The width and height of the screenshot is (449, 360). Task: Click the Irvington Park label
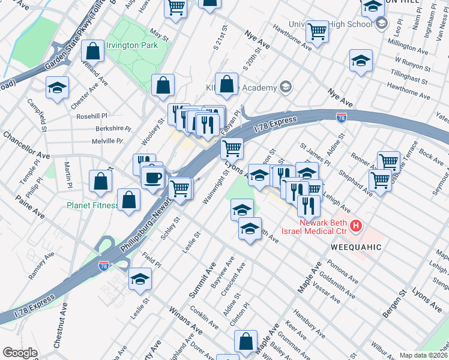[x=131, y=45]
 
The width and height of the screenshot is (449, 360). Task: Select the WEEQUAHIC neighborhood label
[x=356, y=247]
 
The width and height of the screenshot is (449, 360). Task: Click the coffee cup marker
[x=152, y=177]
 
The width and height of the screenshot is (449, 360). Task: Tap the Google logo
[x=20, y=353]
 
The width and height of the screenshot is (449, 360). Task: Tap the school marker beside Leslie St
[x=140, y=279]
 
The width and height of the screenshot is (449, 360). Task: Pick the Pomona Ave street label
[x=343, y=272]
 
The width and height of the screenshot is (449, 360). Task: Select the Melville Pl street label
[x=107, y=141]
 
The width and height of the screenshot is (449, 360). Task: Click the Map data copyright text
[x=423, y=355]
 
